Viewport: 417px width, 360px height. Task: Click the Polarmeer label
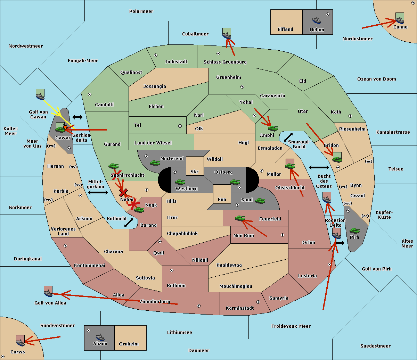click(141, 11)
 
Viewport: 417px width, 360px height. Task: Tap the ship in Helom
click(317, 20)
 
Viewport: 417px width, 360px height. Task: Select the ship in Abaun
click(100, 337)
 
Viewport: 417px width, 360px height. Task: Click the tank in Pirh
click(354, 231)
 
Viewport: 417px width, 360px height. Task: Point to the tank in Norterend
click(155, 163)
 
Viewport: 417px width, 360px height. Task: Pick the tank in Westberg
click(180, 182)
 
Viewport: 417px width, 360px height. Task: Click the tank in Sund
click(260, 201)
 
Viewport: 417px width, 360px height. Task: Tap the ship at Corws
click(20, 343)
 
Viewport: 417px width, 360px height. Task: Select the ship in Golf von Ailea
click(48, 293)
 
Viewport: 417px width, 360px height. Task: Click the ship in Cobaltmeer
click(227, 35)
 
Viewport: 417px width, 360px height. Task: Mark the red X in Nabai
click(123, 192)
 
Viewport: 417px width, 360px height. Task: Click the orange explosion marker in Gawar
click(65, 127)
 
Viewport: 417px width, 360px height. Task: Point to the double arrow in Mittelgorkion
click(98, 192)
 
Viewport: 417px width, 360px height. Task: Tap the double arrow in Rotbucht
click(129, 223)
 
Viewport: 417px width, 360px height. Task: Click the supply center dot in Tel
click(180, 126)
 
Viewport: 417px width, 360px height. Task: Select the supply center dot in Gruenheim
click(242, 87)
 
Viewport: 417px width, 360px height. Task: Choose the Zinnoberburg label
click(155, 302)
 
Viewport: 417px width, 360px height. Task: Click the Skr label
click(195, 171)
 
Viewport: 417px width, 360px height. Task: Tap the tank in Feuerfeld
click(240, 218)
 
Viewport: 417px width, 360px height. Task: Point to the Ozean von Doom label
click(377, 79)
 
